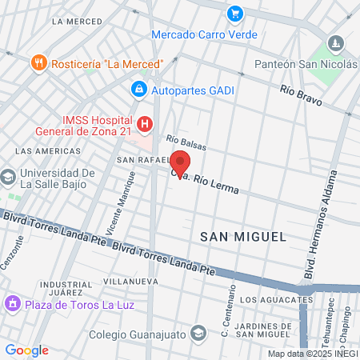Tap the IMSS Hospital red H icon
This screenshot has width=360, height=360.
144,124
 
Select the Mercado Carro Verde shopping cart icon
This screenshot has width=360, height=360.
234,14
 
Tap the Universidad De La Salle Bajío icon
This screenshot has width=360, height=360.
8,175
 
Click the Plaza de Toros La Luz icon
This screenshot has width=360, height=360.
12,304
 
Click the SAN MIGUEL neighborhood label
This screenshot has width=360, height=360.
242,237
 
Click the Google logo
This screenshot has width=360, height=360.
26,350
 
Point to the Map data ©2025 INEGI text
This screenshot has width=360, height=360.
312,354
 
